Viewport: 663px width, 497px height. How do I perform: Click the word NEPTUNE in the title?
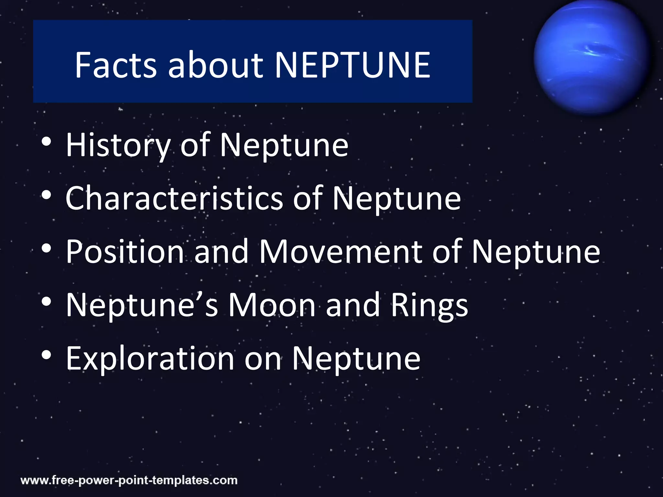point(352,65)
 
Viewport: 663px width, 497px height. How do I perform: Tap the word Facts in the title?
point(116,65)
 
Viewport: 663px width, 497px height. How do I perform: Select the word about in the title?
point(216,65)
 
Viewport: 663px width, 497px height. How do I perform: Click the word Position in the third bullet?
point(125,251)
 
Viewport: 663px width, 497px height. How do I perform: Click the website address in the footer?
point(129,480)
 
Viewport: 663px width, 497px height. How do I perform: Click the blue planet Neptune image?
point(591,58)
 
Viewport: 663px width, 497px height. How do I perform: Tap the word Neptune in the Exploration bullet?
point(356,358)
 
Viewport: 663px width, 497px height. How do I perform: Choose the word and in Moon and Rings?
point(353,305)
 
